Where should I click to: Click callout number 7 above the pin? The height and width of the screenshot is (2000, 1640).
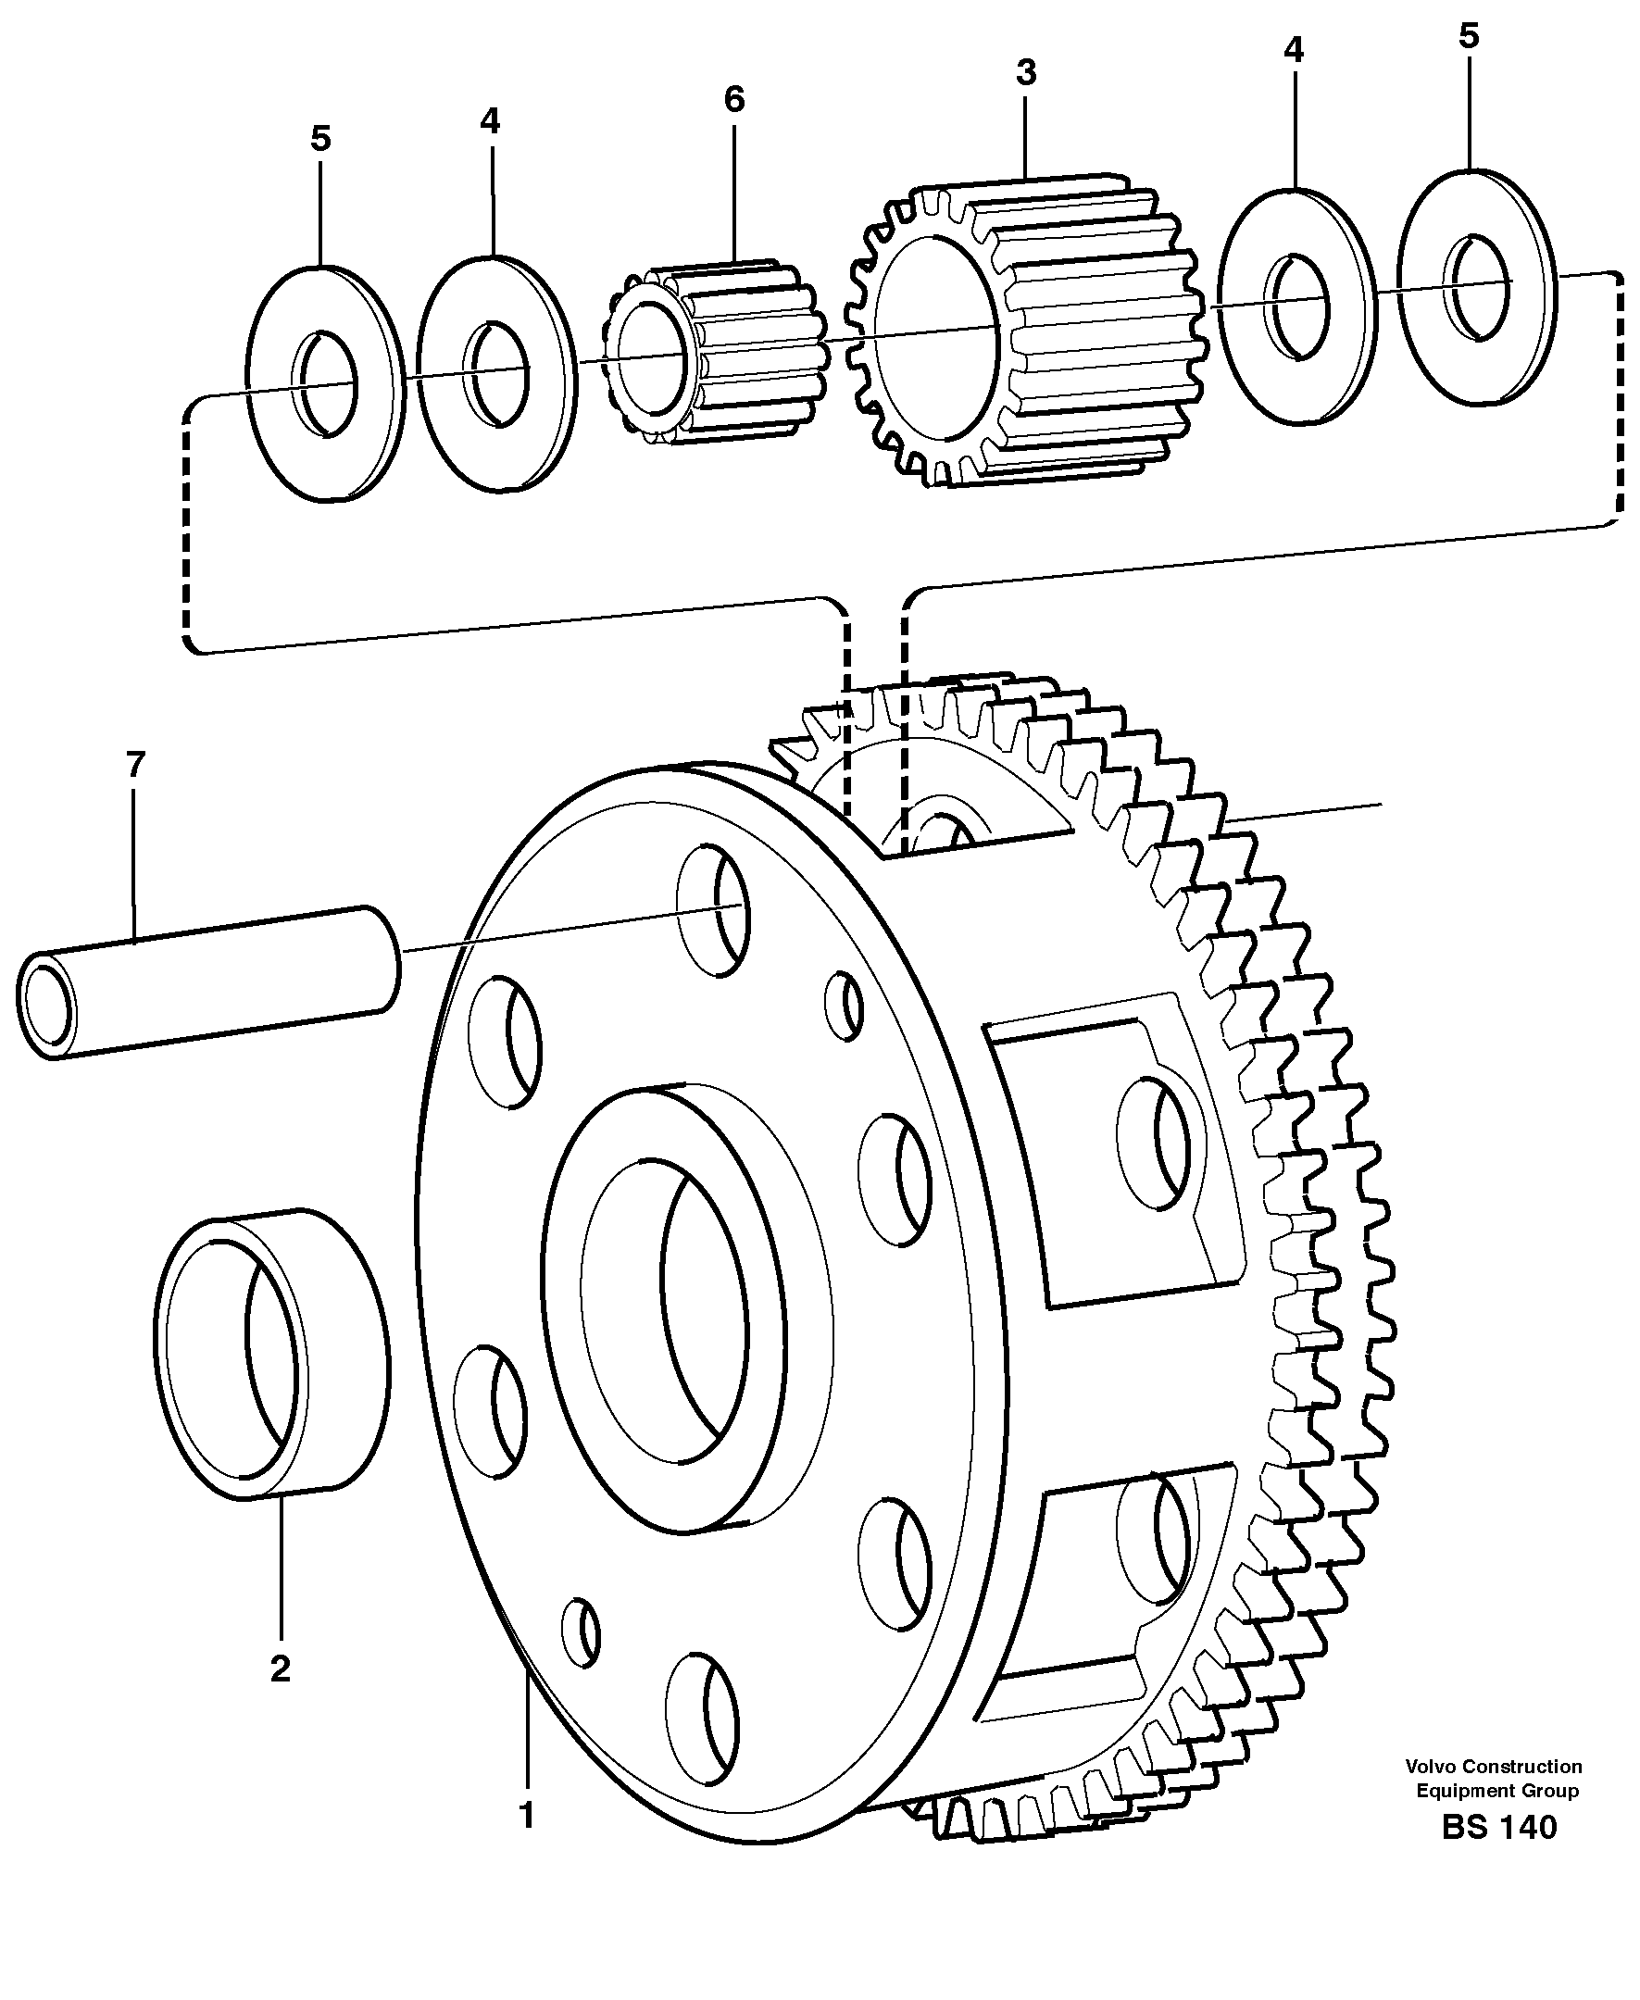click(135, 765)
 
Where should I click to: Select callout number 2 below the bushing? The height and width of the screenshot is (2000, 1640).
click(280, 1669)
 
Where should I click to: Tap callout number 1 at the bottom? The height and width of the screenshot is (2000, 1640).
click(527, 1816)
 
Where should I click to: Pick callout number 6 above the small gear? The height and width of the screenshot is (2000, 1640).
click(734, 100)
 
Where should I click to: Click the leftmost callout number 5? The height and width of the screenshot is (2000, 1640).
click(320, 140)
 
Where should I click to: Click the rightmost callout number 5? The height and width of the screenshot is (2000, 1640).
click(1468, 37)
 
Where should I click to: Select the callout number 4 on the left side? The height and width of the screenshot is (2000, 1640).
click(489, 122)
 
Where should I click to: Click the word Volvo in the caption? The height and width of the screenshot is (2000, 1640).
click(1432, 1767)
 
